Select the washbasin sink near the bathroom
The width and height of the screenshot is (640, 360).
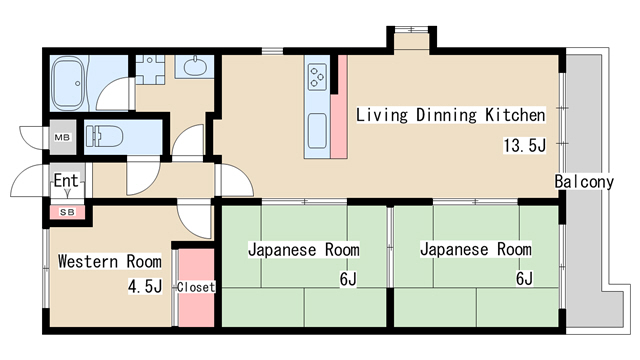tap(194, 68)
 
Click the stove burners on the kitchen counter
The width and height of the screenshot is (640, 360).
tap(318, 76)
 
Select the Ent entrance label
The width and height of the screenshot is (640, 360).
tap(67, 182)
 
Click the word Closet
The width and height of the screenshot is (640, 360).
tap(196, 287)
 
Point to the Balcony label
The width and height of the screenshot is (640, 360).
tap(585, 182)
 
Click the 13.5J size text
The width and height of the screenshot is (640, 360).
tap(524, 146)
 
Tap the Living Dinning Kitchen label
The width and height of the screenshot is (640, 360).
tap(450, 114)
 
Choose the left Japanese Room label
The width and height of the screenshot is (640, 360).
tap(303, 249)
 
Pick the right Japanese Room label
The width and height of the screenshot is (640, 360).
tap(475, 249)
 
